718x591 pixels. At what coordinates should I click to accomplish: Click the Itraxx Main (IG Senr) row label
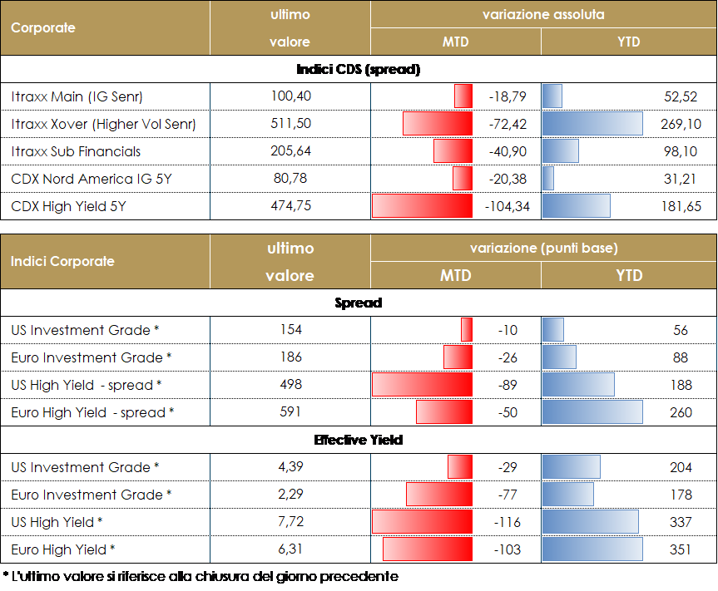point(77,96)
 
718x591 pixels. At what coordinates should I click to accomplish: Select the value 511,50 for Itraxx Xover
point(290,124)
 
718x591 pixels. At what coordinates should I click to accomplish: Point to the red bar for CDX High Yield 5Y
point(422,206)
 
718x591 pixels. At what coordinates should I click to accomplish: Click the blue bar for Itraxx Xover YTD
point(592,124)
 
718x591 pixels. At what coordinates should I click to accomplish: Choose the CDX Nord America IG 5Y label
point(92,179)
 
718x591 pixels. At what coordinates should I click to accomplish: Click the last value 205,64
point(290,151)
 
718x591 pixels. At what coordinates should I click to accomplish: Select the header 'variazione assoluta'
point(543,15)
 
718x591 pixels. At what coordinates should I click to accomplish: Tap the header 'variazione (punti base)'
point(543,248)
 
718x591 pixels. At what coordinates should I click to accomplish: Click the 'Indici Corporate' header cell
point(62,261)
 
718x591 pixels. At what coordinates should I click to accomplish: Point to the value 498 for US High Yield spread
point(290,385)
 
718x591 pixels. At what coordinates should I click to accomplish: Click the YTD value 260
point(680,412)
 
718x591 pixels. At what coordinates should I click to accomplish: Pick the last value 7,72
point(290,522)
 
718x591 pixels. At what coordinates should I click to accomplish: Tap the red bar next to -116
point(422,522)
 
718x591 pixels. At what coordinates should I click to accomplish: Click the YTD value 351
point(680,549)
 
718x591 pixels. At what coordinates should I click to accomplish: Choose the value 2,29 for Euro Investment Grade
point(290,495)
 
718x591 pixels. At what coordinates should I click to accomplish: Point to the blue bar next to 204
point(571,467)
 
